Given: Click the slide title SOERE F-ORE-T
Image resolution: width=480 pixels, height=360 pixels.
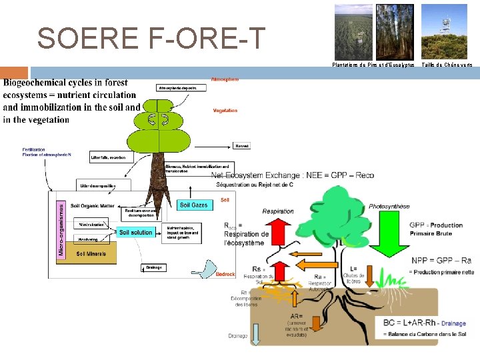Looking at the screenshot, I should tap(151, 38).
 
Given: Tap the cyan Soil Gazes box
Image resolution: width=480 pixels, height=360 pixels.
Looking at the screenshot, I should tap(194, 205).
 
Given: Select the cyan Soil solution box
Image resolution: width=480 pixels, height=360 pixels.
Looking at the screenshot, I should tap(136, 232).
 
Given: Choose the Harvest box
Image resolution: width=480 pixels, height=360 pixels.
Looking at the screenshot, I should tap(241, 145).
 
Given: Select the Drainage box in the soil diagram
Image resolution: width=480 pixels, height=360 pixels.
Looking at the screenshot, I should tap(154, 267).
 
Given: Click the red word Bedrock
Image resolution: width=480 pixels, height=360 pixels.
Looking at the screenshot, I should tap(225, 274).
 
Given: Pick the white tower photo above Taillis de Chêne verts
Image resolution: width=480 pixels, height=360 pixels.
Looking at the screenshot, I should tap(445, 32).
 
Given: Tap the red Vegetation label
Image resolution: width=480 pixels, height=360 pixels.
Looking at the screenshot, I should tap(225, 111).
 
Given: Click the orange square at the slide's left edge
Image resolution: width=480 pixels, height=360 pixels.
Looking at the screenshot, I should tap(14, 73).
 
